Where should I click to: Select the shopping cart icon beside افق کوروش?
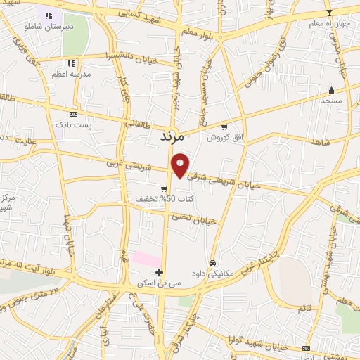tap(224, 128)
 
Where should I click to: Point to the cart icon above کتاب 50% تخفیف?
tap(164, 189)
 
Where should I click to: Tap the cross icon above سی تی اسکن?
tap(160, 272)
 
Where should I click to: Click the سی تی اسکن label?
tap(160, 283)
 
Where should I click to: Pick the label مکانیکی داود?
tap(218, 274)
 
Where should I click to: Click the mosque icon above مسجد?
tap(331, 90)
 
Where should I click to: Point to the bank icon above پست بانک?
tap(73, 114)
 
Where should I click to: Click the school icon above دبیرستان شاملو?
tap(49, 15)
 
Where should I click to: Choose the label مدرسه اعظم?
tap(69, 74)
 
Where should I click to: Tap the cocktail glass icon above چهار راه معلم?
tap(328, 13)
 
